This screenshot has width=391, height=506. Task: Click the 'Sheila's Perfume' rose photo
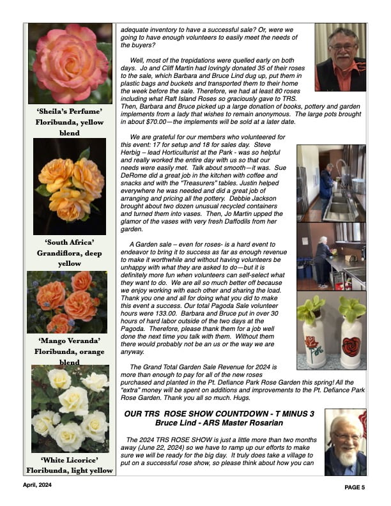pyautogui.click(x=70, y=64)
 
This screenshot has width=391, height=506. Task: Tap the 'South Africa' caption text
pyautogui.click(x=70, y=243)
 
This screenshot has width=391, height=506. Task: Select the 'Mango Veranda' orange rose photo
pyautogui.click(x=70, y=302)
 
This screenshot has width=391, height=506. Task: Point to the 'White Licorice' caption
pyautogui.click(x=70, y=460)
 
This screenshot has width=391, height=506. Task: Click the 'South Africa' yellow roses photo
pyautogui.click(x=70, y=187)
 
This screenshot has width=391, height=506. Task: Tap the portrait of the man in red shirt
pyautogui.click(x=341, y=57)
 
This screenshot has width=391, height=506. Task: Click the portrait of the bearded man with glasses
pyautogui.click(x=345, y=442)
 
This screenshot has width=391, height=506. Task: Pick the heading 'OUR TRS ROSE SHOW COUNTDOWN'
pyautogui.click(x=219, y=414)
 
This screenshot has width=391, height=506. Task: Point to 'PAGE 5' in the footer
pyautogui.click(x=353, y=487)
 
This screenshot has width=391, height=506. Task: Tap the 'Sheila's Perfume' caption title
pyautogui.click(x=70, y=111)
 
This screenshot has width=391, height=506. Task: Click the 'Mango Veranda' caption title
pyautogui.click(x=70, y=341)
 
